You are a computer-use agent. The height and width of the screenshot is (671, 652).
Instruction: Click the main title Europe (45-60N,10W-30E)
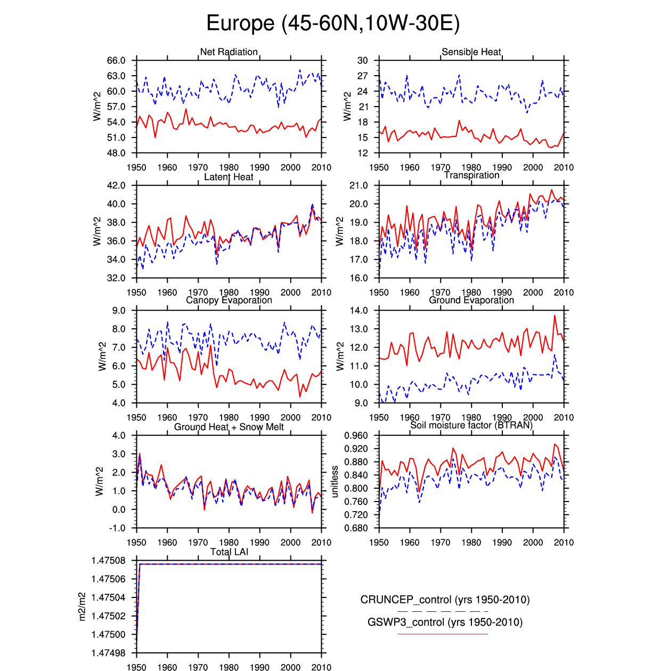332,23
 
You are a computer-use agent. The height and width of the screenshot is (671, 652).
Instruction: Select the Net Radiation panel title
229,52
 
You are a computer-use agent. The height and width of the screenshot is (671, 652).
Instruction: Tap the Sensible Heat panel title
471,52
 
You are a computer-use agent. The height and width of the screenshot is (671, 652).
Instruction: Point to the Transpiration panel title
471,175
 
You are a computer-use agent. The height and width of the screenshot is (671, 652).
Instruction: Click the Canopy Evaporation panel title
229,300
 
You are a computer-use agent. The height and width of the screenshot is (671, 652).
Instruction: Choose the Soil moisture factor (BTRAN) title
471,425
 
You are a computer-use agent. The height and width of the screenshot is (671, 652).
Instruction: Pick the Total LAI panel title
229,552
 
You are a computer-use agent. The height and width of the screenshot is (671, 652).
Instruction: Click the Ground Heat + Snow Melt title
229,427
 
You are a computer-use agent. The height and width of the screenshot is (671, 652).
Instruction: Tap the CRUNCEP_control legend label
445,600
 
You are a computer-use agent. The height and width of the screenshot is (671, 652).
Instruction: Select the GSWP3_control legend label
445,622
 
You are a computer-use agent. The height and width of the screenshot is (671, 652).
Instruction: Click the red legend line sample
443,634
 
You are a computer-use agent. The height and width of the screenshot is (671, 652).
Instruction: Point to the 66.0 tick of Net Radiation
116,61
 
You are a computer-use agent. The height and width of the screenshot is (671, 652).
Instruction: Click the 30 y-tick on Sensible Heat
362,61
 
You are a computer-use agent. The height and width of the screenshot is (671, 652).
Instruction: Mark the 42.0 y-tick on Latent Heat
116,185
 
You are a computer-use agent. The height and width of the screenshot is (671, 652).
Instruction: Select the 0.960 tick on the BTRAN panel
356,435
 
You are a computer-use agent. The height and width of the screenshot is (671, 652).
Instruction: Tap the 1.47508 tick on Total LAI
109,561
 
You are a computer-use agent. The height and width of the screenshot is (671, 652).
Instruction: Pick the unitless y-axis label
335,482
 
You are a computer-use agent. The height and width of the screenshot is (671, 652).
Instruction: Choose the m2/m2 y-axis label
82,607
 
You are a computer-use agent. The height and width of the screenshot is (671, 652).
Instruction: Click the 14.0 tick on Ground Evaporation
358,311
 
